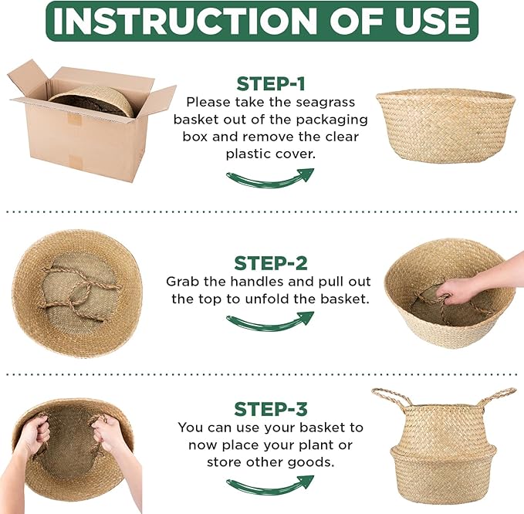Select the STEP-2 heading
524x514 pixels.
coord(270,263)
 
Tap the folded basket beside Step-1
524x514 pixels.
coord(445,123)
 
